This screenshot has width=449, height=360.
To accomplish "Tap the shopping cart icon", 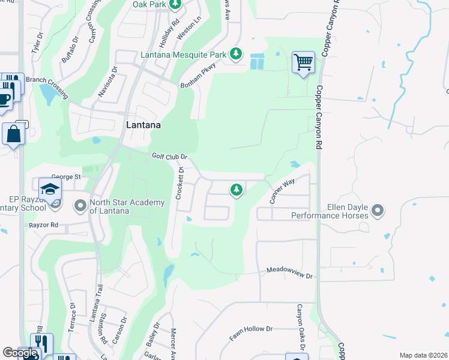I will [x=304, y=62].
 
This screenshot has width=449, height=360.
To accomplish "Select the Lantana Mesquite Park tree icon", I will [x=237, y=55].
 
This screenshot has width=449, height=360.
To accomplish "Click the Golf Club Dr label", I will [x=170, y=156].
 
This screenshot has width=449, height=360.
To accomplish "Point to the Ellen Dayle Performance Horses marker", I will [x=378, y=210].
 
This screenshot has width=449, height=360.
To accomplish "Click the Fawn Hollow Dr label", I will [x=251, y=334].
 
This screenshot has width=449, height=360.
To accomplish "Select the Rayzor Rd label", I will [x=43, y=225].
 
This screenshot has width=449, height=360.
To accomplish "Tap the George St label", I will [x=66, y=177].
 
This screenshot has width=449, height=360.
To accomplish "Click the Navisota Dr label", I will [x=107, y=86].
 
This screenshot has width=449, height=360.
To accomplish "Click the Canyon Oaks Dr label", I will [x=299, y=327].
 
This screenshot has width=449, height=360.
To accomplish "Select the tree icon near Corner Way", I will [x=237, y=190].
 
